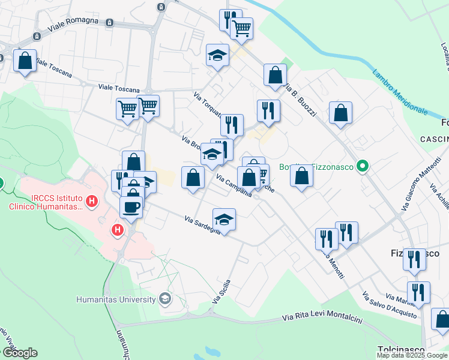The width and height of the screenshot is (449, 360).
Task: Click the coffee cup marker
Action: click(131, 207)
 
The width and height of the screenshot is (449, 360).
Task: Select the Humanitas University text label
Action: click(116, 299)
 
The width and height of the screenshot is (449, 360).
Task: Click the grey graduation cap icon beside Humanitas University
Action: click(164, 299)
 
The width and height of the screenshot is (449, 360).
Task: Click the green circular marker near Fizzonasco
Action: click(362, 166)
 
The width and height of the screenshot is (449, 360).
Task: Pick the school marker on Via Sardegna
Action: click(224, 220)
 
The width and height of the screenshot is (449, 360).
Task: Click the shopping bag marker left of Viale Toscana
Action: click(25, 61)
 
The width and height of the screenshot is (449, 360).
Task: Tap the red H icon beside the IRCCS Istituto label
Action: click(91, 200)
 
